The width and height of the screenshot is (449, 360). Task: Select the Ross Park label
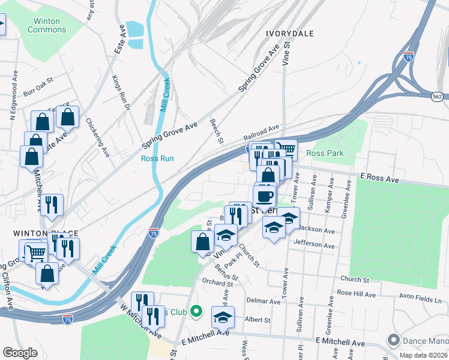[x=325, y=153]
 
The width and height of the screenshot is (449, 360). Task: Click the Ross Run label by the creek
[x=157, y=158]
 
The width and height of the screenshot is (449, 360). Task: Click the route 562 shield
[x=439, y=95]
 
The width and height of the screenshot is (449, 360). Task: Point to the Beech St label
[x=216, y=131]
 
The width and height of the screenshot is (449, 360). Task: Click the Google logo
[x=20, y=352]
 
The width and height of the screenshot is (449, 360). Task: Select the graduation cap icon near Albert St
[x=223, y=316]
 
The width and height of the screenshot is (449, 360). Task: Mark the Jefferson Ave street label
[x=314, y=245]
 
